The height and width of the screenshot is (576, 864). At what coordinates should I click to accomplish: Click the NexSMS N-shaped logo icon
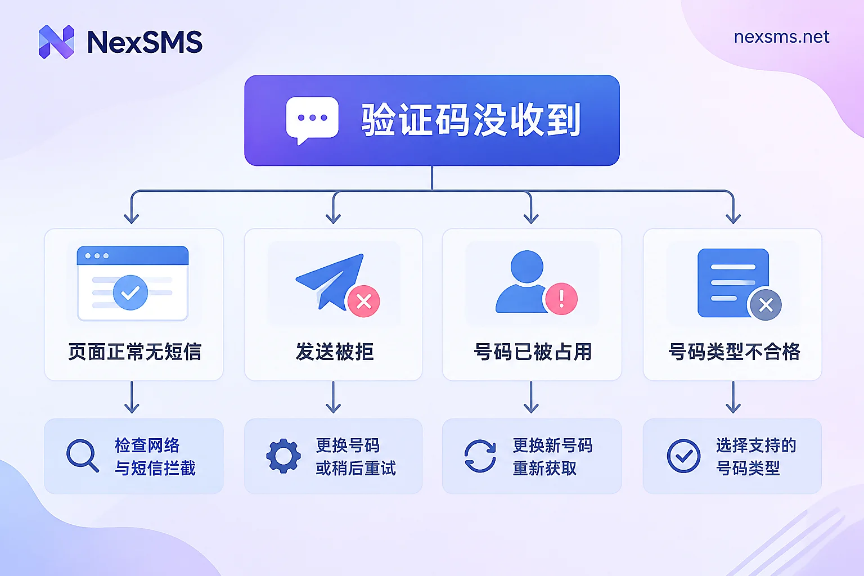pos(56,42)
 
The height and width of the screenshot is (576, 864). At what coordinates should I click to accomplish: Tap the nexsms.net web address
pos(781,37)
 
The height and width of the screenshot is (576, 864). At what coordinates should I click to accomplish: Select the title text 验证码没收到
pos(471,120)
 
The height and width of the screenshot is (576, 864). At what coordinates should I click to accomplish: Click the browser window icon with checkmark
pos(133,283)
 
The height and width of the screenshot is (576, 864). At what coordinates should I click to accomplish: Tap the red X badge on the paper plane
pos(364,301)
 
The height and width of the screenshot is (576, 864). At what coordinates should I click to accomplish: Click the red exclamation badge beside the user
pos(561,299)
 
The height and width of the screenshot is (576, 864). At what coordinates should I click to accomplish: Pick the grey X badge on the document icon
pos(766,305)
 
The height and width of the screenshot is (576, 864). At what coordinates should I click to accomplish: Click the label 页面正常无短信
pos(134,352)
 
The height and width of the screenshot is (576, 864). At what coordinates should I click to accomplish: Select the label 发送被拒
pos(335,352)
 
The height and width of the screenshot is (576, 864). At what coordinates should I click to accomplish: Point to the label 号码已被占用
pos(533,352)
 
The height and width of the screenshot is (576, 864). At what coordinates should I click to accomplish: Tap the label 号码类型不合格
pos(734,352)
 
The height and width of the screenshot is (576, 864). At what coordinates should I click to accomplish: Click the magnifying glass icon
pos(83,455)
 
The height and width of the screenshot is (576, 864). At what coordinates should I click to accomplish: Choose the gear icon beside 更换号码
pos(283,456)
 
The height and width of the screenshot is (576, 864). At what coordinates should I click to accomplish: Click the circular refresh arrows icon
pos(480,456)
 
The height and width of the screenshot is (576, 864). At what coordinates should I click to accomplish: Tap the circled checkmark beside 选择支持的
pos(683,456)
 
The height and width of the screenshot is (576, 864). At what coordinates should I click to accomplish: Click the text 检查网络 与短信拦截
pos(155,457)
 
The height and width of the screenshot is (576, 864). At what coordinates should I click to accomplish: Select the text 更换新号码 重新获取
pos(552,457)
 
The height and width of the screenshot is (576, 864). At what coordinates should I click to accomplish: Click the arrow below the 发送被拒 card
pos(333,397)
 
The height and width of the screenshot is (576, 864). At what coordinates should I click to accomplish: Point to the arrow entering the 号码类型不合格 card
pos(733,207)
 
